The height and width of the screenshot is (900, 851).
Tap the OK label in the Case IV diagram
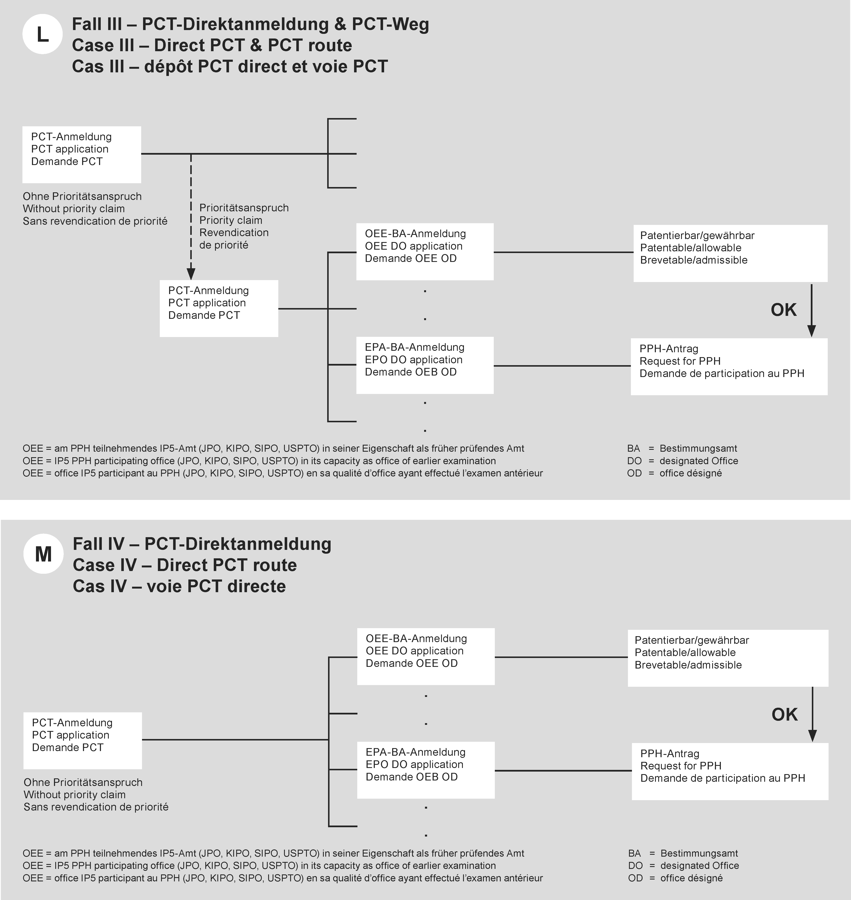[784, 714]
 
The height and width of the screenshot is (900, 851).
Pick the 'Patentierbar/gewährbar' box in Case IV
[728, 658]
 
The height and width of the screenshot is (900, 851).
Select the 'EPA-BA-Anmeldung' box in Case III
[425, 365]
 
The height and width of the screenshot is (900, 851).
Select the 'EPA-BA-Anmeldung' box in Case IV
[425, 770]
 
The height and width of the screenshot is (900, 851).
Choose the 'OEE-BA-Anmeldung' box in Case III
[425, 252]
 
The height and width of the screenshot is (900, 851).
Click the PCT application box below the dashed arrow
[219, 308]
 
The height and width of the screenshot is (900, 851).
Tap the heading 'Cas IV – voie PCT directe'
[179, 586]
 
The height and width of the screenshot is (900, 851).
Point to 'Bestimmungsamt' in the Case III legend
[698, 448]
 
